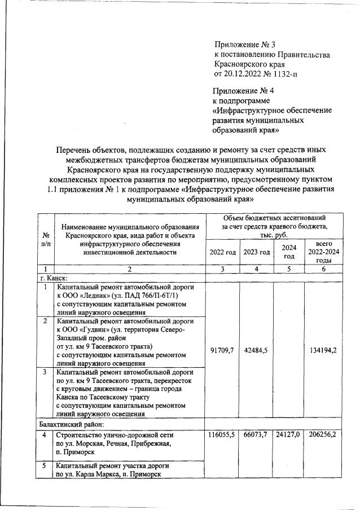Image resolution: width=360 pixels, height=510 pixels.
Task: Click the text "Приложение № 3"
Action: (245, 44)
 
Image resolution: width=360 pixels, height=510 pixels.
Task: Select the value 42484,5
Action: (256, 350)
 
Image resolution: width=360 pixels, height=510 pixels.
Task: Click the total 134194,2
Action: (323, 350)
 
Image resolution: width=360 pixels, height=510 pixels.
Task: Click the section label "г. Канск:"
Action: (53, 278)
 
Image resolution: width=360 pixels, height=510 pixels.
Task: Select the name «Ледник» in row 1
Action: (100, 295)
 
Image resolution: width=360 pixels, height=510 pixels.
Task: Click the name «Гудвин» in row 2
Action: (99, 329)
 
